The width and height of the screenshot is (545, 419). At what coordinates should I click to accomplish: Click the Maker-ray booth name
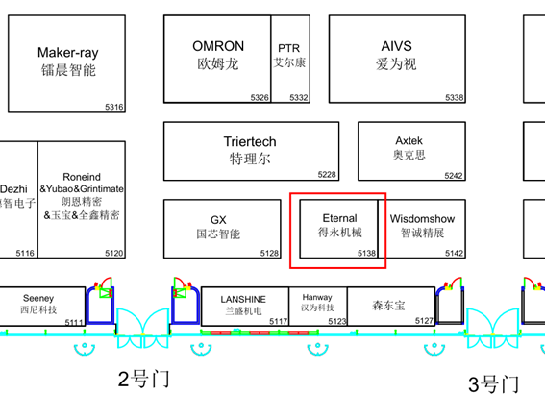pyautogui.click(x=68, y=53)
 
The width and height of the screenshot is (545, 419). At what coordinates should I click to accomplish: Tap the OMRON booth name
pyautogui.click(x=218, y=46)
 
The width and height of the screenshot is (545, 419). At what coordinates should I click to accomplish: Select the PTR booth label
pyautogui.click(x=289, y=48)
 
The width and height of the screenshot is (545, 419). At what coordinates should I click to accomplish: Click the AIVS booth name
pyautogui.click(x=396, y=46)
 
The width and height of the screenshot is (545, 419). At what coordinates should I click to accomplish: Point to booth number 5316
pyautogui.click(x=114, y=107)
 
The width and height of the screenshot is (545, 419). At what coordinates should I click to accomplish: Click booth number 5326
pyautogui.click(x=260, y=98)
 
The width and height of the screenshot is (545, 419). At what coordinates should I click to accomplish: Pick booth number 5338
pyautogui.click(x=454, y=98)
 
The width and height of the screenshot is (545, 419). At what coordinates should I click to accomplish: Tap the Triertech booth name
pyautogui.click(x=250, y=142)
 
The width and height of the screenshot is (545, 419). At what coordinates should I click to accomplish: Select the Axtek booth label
pyautogui.click(x=409, y=140)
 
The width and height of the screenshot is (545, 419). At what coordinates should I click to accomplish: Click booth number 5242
pyautogui.click(x=453, y=176)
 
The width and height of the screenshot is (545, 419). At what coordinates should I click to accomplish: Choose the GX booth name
pyautogui.click(x=218, y=220)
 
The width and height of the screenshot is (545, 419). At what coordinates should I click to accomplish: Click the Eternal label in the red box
pyautogui.click(x=339, y=218)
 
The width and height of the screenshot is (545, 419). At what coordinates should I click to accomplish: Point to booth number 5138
pyautogui.click(x=366, y=253)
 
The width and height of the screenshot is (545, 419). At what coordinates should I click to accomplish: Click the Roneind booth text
pyautogui.click(x=82, y=177)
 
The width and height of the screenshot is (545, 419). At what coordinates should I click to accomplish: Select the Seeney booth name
pyautogui.click(x=38, y=299)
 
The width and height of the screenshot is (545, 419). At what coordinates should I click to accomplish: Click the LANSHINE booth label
pyautogui.click(x=243, y=299)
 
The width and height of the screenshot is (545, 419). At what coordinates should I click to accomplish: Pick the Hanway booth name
pyautogui.click(x=317, y=298)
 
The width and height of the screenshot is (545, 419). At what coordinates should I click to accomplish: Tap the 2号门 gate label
pyautogui.click(x=143, y=377)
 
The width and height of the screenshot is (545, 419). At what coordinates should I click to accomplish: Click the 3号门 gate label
pyautogui.click(x=493, y=384)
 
